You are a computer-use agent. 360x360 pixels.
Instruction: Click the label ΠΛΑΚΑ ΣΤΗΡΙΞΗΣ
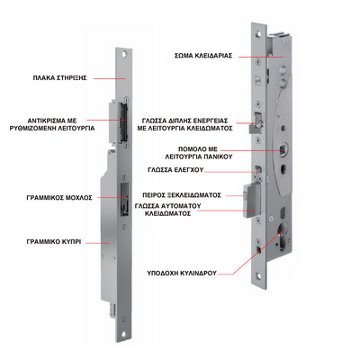[59, 78]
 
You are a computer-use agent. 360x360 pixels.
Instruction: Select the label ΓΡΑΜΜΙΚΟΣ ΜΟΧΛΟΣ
[59, 198]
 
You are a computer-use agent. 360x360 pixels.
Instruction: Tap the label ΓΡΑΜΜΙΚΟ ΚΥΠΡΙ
[54, 242]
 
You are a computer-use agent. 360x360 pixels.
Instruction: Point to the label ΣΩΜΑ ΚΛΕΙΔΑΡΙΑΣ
[203, 56]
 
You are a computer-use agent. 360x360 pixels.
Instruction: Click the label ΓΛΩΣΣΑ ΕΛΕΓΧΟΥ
[175, 170]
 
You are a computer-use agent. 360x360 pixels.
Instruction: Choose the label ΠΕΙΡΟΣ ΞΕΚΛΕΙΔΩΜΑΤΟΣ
[182, 195]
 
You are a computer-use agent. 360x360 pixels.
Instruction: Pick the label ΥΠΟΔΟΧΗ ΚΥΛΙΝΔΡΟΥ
[182, 274]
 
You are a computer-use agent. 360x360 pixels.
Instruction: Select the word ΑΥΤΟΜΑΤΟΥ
[183, 206]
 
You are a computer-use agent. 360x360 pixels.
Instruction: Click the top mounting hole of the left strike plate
[124, 55]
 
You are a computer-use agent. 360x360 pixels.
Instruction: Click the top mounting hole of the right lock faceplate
[256, 32]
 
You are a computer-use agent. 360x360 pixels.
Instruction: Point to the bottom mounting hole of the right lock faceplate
[256, 275]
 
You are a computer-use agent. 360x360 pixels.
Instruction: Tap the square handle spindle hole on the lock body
[283, 149]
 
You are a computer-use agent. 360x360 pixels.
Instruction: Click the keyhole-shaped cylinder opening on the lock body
[283, 236]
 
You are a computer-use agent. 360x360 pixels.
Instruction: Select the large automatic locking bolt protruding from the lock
[251, 201]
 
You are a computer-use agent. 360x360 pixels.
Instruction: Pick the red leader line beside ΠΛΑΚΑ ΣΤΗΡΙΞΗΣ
[109, 78]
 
